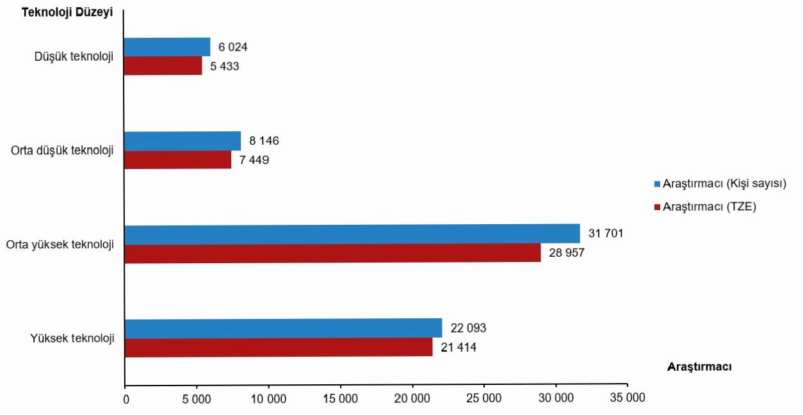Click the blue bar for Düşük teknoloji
(167, 47)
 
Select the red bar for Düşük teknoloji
(163, 66)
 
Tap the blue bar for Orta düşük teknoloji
(182, 141)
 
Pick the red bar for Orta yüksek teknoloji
(332, 254)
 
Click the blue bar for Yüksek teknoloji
(283, 328)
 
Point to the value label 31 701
(606, 234)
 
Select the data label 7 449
(254, 160)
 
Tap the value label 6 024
(233, 47)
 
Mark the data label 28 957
(567, 253)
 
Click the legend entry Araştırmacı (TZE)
(710, 207)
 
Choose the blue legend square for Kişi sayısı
(656, 184)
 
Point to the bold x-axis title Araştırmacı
(699, 367)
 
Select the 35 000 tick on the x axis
(627, 398)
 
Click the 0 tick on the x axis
(126, 398)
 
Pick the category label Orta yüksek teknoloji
(60, 245)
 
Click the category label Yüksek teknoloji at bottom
(72, 338)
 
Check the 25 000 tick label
(483, 398)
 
